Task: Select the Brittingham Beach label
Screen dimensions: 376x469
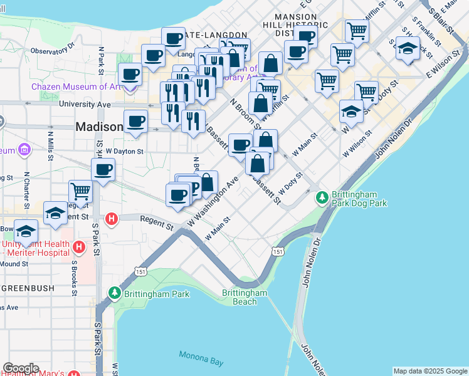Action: [245, 297]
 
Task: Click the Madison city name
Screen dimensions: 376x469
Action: [99, 127]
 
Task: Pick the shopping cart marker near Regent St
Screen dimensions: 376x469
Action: [80, 191]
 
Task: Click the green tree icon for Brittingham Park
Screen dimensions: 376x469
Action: [115, 293]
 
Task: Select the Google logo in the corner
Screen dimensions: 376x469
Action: [21, 368]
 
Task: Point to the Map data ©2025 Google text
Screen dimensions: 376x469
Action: [429, 371]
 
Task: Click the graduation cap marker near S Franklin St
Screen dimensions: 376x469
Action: [408, 48]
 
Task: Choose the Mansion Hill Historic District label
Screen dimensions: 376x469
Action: [298, 25]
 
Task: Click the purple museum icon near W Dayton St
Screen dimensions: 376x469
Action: [24, 150]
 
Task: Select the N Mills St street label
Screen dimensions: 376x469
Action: [50, 135]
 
